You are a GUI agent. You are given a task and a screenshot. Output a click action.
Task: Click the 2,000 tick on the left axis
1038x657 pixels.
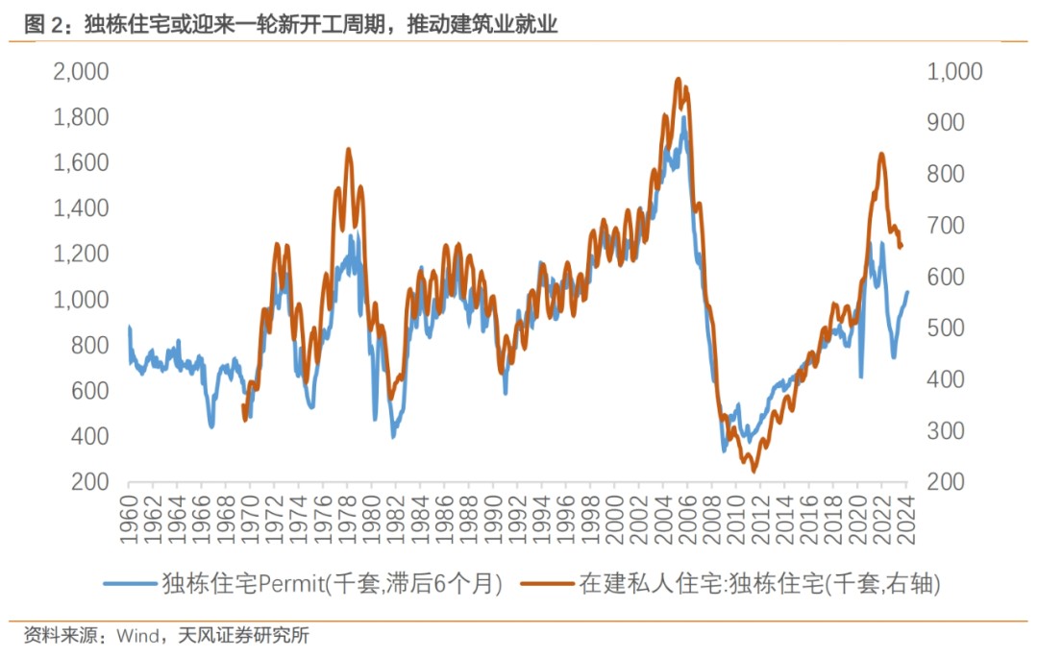pyautogui.click(x=82, y=72)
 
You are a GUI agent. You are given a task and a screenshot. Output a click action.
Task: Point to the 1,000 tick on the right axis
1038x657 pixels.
pyautogui.click(x=953, y=72)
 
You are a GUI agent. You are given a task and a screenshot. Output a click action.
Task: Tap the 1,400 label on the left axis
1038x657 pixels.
pyautogui.click(x=82, y=208)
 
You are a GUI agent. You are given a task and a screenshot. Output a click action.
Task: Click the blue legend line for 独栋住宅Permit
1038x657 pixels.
pyautogui.click(x=129, y=583)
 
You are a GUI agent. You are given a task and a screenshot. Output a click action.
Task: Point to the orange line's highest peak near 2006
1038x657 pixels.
pyautogui.click(x=679, y=80)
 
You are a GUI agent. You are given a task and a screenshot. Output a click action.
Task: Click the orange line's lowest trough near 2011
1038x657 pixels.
pyautogui.click(x=754, y=472)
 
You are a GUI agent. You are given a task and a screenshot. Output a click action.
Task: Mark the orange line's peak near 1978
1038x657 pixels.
pyautogui.click(x=348, y=150)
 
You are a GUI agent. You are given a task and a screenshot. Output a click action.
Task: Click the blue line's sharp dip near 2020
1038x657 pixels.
pyautogui.click(x=861, y=377)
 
